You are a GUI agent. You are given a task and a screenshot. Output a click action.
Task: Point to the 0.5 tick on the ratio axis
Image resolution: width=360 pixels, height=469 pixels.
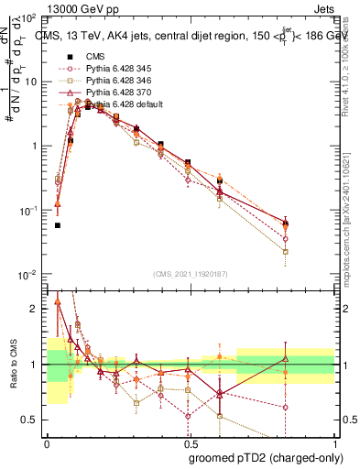(x=33, y=420)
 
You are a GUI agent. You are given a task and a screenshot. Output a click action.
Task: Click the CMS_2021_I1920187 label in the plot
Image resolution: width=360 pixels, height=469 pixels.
(x=190, y=274)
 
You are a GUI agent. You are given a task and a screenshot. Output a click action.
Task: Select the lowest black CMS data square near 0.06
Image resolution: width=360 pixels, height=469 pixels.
(x=58, y=224)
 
